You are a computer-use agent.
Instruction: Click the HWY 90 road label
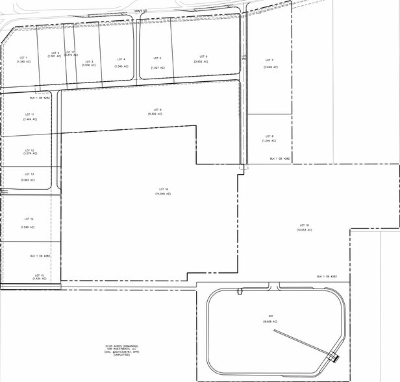[141, 10]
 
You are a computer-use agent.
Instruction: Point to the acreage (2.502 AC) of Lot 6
[201, 62]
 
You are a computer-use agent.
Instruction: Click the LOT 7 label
[270, 60]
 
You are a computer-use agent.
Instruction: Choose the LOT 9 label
[156, 109]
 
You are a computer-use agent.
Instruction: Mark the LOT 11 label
[28, 114]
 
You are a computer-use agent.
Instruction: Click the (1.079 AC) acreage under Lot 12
[30, 153]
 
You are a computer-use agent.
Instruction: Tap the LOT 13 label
[29, 174]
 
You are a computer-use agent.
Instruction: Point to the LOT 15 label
[38, 275]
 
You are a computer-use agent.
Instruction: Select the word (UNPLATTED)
[122, 355]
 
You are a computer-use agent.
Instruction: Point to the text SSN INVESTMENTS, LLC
[122, 349]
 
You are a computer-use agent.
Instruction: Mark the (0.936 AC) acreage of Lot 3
[89, 65]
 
